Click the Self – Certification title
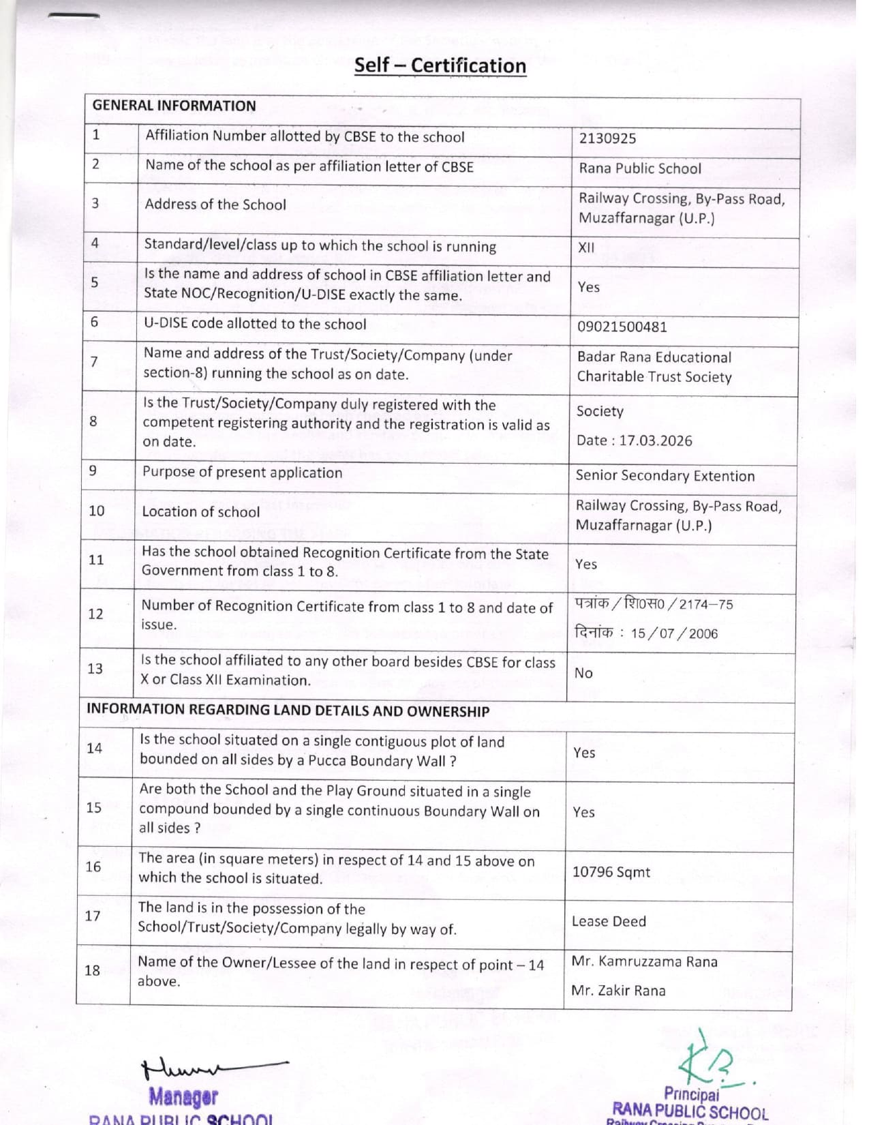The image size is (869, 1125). tap(440, 65)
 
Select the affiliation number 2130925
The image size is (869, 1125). tap(607, 138)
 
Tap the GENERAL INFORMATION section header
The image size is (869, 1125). tap(174, 106)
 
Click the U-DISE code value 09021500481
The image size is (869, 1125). tap(622, 327)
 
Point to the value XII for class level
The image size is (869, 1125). tap(586, 247)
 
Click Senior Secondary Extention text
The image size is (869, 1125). tap(665, 476)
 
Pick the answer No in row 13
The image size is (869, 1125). tap(583, 674)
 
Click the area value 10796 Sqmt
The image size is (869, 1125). tap(611, 872)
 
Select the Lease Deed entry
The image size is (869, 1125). tap(609, 922)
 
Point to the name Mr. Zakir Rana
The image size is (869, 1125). tap(618, 991)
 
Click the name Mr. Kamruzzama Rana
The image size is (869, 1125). tap(644, 961)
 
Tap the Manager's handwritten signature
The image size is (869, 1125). tap(211, 1068)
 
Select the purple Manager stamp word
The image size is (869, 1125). tap(183, 1096)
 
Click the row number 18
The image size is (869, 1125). tap(92, 970)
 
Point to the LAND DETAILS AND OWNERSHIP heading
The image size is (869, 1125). tap(288, 710)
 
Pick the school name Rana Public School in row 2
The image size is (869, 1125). tap(639, 168)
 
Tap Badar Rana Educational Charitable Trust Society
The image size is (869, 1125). tap(654, 367)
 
